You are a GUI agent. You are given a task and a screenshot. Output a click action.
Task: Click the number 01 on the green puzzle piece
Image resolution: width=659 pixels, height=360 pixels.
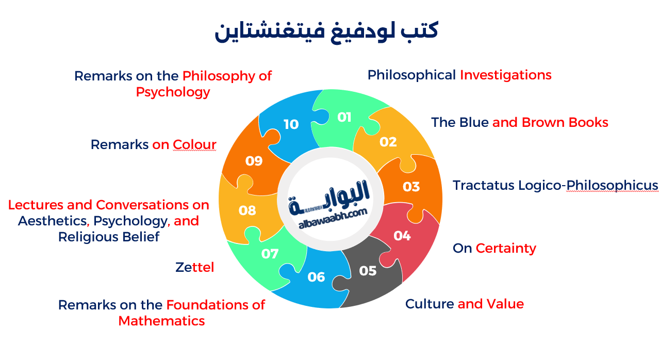(x=344, y=117)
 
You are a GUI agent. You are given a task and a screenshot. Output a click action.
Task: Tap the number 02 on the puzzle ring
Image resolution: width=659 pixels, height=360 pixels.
(x=388, y=142)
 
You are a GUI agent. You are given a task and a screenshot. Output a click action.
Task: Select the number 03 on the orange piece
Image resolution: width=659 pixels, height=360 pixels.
(x=411, y=186)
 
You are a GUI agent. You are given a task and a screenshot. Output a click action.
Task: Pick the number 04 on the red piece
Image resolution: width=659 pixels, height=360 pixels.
(x=402, y=236)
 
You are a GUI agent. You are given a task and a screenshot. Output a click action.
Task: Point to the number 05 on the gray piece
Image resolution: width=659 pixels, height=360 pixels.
(x=368, y=271)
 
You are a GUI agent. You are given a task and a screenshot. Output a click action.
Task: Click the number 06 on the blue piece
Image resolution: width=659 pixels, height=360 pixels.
(x=316, y=277)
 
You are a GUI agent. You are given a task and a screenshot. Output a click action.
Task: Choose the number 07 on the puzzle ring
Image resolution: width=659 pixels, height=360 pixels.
(x=270, y=254)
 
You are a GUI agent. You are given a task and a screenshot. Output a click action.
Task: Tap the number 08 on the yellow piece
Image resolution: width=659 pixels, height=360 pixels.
(x=248, y=210)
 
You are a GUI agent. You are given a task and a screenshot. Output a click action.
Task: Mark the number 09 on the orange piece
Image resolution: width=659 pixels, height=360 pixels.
(x=254, y=161)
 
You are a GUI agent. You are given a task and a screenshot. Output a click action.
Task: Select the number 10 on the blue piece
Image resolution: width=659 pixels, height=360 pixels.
(x=291, y=124)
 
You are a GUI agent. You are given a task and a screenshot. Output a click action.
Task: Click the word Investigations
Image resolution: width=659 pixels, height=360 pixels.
(x=505, y=75)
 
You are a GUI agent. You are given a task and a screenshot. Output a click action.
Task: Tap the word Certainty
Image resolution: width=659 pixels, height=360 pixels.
(x=506, y=249)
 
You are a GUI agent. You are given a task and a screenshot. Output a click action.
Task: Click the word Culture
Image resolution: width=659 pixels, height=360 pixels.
(x=430, y=304)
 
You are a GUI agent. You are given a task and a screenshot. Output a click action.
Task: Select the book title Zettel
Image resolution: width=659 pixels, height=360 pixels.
(x=194, y=268)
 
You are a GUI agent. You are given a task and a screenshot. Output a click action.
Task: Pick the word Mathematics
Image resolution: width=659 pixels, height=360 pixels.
(x=161, y=321)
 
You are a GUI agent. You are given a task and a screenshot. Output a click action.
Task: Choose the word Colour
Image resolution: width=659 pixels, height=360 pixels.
(x=194, y=145)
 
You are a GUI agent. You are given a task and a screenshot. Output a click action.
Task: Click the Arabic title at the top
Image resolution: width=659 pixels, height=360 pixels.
(x=326, y=31)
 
